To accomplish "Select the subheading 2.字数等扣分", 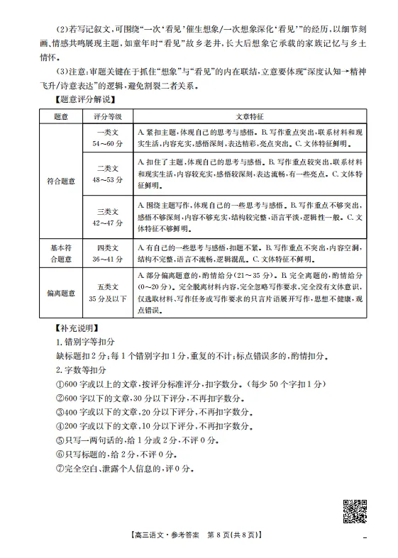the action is (82, 369).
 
